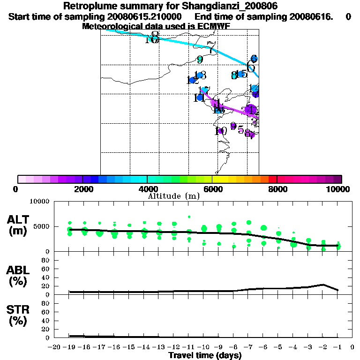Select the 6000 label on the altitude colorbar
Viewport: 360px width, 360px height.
point(212,189)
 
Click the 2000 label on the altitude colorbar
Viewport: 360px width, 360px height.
point(82,189)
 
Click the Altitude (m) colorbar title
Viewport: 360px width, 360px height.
point(174,196)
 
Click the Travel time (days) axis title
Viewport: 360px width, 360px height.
point(205,356)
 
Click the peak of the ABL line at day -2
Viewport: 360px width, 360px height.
point(322,285)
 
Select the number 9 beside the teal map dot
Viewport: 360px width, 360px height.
point(200,60)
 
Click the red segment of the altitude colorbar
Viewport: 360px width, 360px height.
point(272,179)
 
